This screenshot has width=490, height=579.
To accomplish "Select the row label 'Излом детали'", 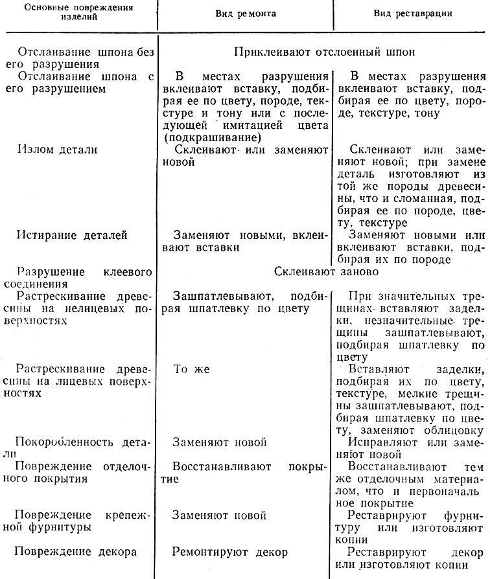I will (58, 150).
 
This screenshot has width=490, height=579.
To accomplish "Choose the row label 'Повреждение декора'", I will (76, 552).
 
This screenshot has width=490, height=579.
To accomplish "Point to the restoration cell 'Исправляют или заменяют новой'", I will (410, 448).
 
